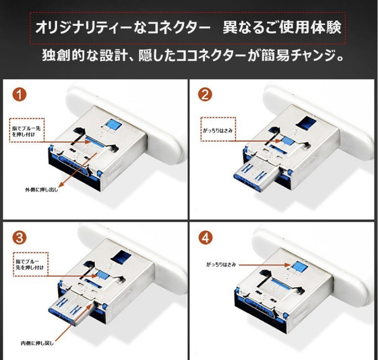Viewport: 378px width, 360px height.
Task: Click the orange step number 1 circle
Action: pos(19,95)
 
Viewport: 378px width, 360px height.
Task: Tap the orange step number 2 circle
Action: pos(205,95)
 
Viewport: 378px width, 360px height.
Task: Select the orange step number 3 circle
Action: pos(19,238)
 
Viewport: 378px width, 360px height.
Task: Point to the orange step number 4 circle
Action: pos(205,238)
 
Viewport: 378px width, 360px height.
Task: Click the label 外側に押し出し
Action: pos(42,190)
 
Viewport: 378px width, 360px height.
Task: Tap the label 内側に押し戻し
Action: pos(37,343)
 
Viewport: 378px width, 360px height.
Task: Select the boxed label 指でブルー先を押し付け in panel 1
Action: pos(27,131)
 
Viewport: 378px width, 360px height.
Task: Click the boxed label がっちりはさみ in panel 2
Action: pos(218,130)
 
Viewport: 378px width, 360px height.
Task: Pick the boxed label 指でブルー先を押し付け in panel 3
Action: pos(30,265)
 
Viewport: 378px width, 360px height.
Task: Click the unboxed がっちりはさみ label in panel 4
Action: pos(221,265)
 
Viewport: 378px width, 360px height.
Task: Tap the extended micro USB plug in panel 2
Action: pos(257,175)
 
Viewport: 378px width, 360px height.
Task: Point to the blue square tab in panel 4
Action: pos(299,267)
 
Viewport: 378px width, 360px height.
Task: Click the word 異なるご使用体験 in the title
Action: pos(282,27)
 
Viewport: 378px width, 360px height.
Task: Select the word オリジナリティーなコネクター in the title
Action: pos(123,28)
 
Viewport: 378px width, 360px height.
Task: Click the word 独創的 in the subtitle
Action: pos(63,56)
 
